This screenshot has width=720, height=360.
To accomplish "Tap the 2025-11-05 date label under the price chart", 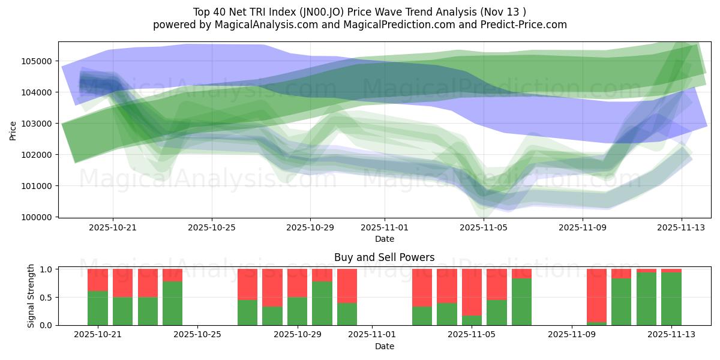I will (484, 228).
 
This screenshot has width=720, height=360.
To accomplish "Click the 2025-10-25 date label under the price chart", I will (211, 228).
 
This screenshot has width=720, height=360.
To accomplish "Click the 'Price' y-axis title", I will (14, 130).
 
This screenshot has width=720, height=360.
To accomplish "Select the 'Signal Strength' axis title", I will (31, 296).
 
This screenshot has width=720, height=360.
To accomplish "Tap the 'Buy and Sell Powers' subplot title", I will (384, 257).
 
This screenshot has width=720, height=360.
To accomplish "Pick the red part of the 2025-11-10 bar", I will (596, 295).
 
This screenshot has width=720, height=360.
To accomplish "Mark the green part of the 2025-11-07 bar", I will (521, 302).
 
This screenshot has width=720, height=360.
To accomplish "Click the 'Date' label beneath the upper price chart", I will (384, 239).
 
